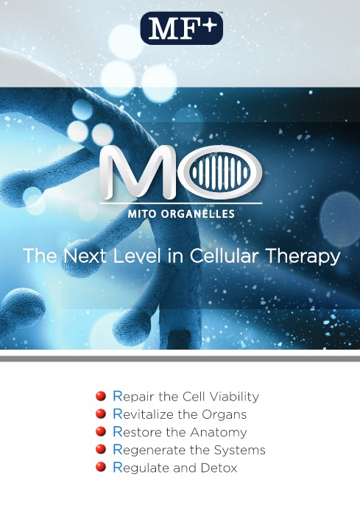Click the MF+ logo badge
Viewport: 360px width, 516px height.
182,28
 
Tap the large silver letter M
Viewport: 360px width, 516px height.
138,172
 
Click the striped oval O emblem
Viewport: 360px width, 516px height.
221,172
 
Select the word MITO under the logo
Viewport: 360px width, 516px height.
142,214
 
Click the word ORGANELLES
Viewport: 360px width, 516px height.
198,214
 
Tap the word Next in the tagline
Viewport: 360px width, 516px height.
85,255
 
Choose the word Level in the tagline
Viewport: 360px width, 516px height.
138,255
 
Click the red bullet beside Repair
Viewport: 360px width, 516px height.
101,395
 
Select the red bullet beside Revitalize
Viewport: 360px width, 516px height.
101,414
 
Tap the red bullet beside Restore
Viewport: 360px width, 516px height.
101,431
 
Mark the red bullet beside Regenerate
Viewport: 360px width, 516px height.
101,449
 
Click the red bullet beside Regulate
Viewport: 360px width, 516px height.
101,467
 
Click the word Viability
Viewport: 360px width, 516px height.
234,397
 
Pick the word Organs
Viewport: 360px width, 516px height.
224,415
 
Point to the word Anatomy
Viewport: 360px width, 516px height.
219,433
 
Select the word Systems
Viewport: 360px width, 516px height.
240,450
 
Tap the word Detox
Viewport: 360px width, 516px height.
219,467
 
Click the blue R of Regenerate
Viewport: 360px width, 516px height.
118,449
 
